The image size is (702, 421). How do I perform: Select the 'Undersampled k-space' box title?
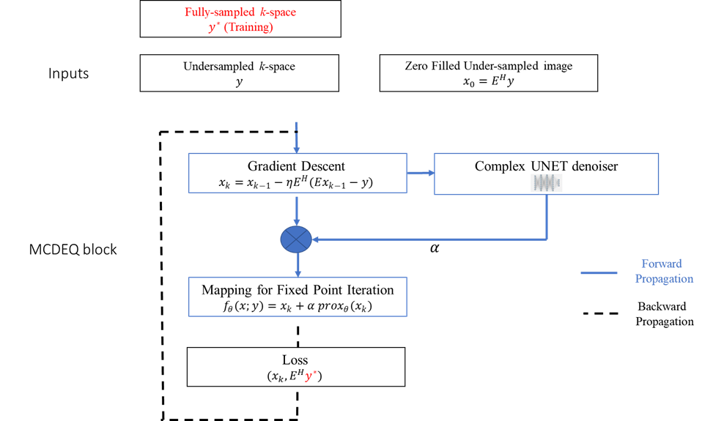click(x=239, y=67)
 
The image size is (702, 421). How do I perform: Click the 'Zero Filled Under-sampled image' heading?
click(x=488, y=66)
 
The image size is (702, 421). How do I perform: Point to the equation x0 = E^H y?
click(x=488, y=81)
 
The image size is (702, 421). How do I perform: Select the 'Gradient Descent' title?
click(x=297, y=166)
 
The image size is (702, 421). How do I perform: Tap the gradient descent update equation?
click(x=297, y=183)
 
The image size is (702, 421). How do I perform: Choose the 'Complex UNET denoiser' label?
click(x=546, y=166)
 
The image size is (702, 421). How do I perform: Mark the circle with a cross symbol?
click(x=297, y=238)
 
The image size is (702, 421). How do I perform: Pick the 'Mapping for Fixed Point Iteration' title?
click(x=297, y=290)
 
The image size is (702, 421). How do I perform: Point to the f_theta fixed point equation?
click(x=297, y=307)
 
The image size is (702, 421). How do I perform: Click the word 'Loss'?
click(x=295, y=360)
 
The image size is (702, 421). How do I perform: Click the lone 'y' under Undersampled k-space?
click(x=239, y=82)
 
